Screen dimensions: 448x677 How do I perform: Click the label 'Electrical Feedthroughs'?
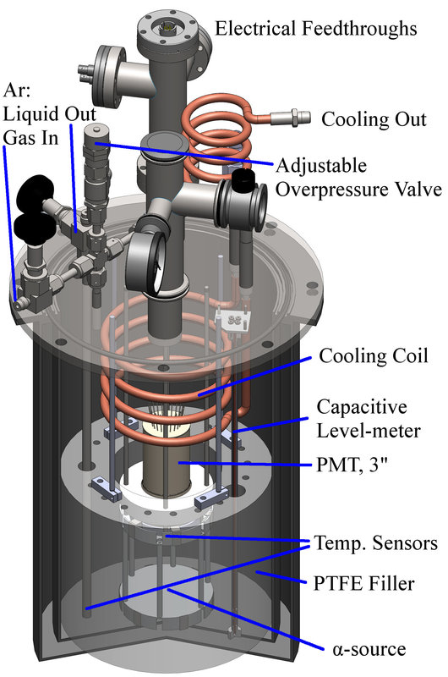click(x=315, y=29)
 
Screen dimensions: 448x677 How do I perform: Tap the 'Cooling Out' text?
click(x=374, y=119)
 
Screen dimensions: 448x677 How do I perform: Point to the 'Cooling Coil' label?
click(x=374, y=356)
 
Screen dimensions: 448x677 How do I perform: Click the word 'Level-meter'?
click(x=369, y=431)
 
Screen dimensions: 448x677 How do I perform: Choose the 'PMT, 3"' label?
click(x=352, y=465)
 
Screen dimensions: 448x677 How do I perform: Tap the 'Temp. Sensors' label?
click(x=376, y=543)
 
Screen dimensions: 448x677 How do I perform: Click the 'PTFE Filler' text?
click(x=364, y=583)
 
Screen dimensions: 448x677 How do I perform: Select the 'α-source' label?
click(x=369, y=649)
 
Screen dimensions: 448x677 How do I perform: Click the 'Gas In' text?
click(x=30, y=138)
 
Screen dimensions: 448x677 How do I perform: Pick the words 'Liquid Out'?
click(x=50, y=114)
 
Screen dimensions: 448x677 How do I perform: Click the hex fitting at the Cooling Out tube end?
click(x=298, y=116)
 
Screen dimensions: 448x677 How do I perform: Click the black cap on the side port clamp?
click(x=243, y=181)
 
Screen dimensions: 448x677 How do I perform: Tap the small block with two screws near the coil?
click(x=233, y=322)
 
